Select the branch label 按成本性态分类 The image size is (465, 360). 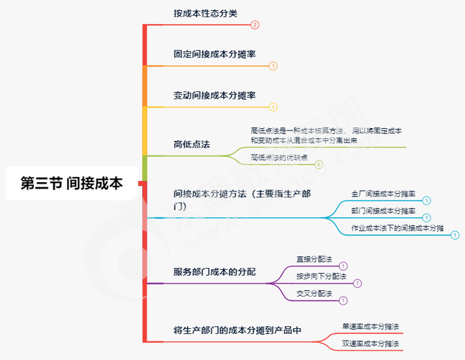pyautogui.click(x=205, y=13)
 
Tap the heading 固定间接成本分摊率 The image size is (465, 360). pyautogui.click(x=215, y=54)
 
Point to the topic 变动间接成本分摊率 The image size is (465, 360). pyautogui.click(x=215, y=95)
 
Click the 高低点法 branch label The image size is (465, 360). pyautogui.click(x=191, y=144)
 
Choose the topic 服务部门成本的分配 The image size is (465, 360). pyautogui.click(x=215, y=272)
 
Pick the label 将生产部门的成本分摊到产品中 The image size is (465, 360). pyautogui.click(x=237, y=330)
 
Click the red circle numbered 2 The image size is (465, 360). pyautogui.click(x=255, y=24)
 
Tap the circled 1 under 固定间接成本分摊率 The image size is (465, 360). pyautogui.click(x=273, y=66)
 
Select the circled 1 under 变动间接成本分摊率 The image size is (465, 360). pyautogui.click(x=273, y=107)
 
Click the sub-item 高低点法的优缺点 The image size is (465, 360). pyautogui.click(x=279, y=157)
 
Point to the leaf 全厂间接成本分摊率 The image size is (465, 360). pyautogui.click(x=383, y=194)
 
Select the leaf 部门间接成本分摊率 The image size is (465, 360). pyautogui.click(x=383, y=210)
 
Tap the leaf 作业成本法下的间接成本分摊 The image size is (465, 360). pyautogui.click(x=397, y=228)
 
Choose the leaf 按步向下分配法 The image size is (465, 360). pyautogui.click(x=321, y=276)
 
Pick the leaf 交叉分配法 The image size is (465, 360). pyautogui.click(x=314, y=293)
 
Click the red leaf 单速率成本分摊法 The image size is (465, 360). pyautogui.click(x=370, y=326)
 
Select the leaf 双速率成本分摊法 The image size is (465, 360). pyautogui.click(x=370, y=343)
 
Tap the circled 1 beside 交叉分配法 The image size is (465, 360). pyautogui.click(x=343, y=300)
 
